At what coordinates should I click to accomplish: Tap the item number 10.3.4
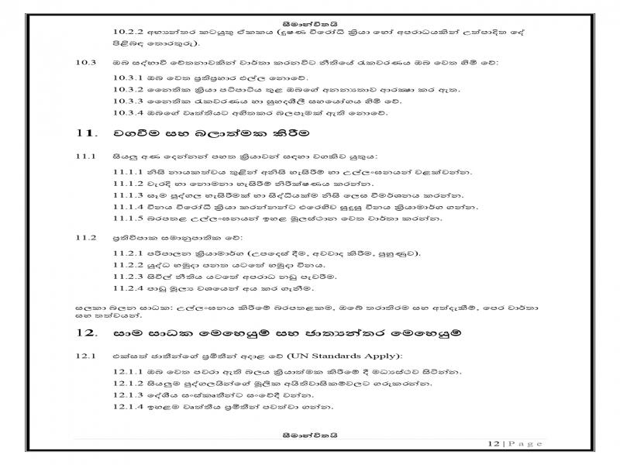pos(126,114)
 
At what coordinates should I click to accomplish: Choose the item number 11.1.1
pos(126,171)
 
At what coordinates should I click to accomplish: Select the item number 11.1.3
pos(126,196)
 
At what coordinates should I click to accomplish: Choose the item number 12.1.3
pos(126,394)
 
